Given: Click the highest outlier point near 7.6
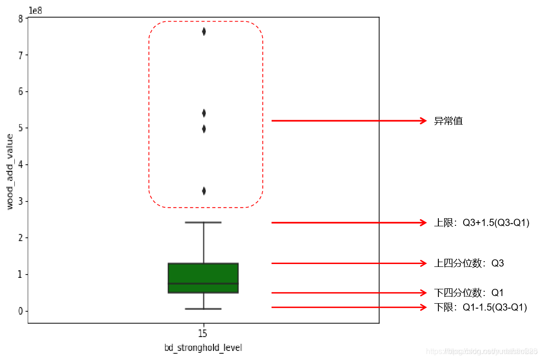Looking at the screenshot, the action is (x=204, y=32).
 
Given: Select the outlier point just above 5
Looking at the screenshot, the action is (x=204, y=128).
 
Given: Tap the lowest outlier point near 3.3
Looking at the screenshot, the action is (x=204, y=191).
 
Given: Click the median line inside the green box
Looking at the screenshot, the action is (x=203, y=284).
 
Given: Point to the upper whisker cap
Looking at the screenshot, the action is (x=203, y=222).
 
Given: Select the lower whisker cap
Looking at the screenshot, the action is (x=203, y=309).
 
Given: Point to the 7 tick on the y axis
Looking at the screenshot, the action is (x=21, y=55).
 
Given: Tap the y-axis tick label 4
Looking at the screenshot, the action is (x=21, y=165).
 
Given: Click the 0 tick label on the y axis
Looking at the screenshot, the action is (x=21, y=311).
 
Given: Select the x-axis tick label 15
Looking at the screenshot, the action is (x=203, y=333).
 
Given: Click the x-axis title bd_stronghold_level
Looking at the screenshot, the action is (x=203, y=348).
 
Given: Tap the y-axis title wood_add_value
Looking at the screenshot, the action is (x=11, y=172).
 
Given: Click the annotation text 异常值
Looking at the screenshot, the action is (x=448, y=121).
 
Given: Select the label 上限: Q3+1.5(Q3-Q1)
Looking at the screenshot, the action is (x=481, y=223).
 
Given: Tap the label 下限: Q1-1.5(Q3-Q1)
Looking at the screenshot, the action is (x=480, y=307).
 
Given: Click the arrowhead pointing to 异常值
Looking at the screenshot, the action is (x=423, y=121).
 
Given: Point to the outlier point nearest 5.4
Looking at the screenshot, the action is (x=204, y=113).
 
